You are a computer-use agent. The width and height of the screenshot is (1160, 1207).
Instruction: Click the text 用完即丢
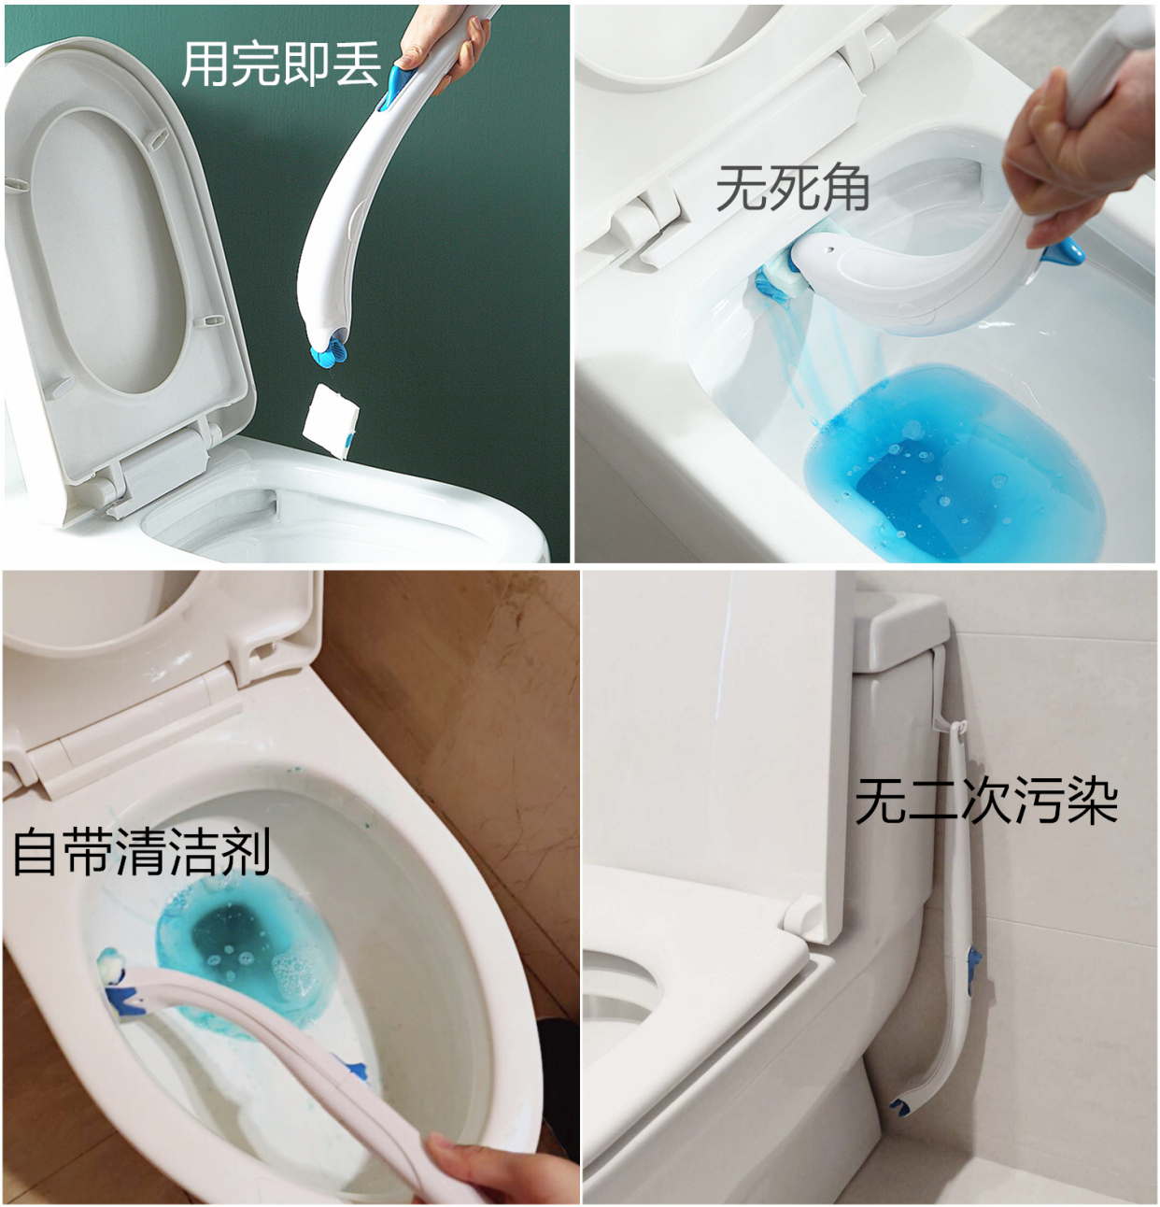[281, 64]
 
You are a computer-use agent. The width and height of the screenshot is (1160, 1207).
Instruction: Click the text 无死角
[792, 187]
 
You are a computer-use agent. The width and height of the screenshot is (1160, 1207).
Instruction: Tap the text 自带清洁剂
[141, 851]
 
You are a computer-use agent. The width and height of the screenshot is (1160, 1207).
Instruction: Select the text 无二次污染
[986, 801]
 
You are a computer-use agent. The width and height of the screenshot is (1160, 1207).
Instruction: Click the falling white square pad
[332, 419]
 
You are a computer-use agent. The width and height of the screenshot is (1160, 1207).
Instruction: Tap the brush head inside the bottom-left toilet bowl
[117, 981]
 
